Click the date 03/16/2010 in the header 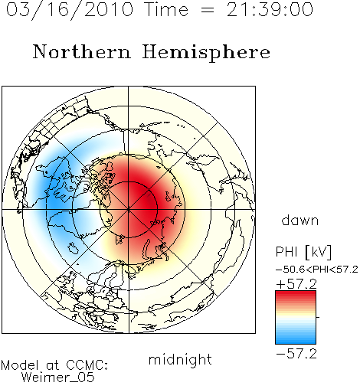tap(70, 10)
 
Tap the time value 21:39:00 tap(270, 9)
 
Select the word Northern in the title tap(82, 51)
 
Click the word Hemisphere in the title tap(206, 53)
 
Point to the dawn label tap(300, 220)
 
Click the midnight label tap(180, 360)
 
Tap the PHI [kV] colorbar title tap(303, 252)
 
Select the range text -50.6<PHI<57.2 tap(317, 270)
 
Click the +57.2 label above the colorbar tap(296, 284)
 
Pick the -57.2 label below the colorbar tap(296, 354)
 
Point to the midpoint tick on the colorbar tap(318, 317)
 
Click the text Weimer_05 tap(57, 377)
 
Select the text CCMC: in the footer tap(87, 364)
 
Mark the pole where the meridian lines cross tap(129, 210)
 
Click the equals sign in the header tap(207, 10)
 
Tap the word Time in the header tap(166, 9)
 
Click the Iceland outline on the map tap(74, 248)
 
